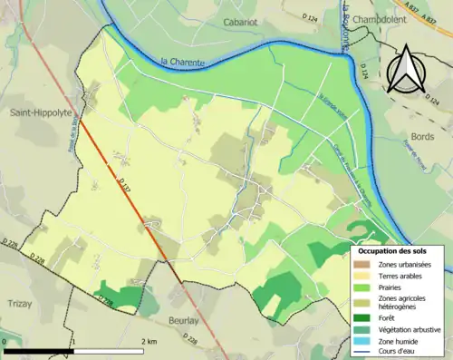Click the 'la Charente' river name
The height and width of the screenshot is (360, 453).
(x=180, y=62)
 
